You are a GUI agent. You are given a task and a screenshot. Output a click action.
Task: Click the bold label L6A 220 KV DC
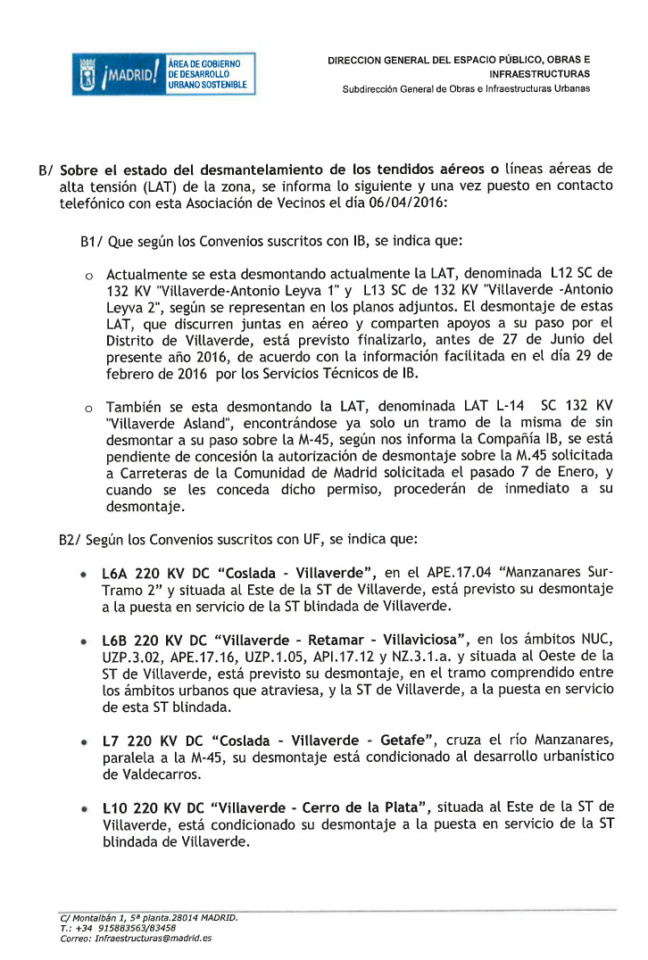pos(153,572)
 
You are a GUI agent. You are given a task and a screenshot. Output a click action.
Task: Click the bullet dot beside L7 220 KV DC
pos(84,741)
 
